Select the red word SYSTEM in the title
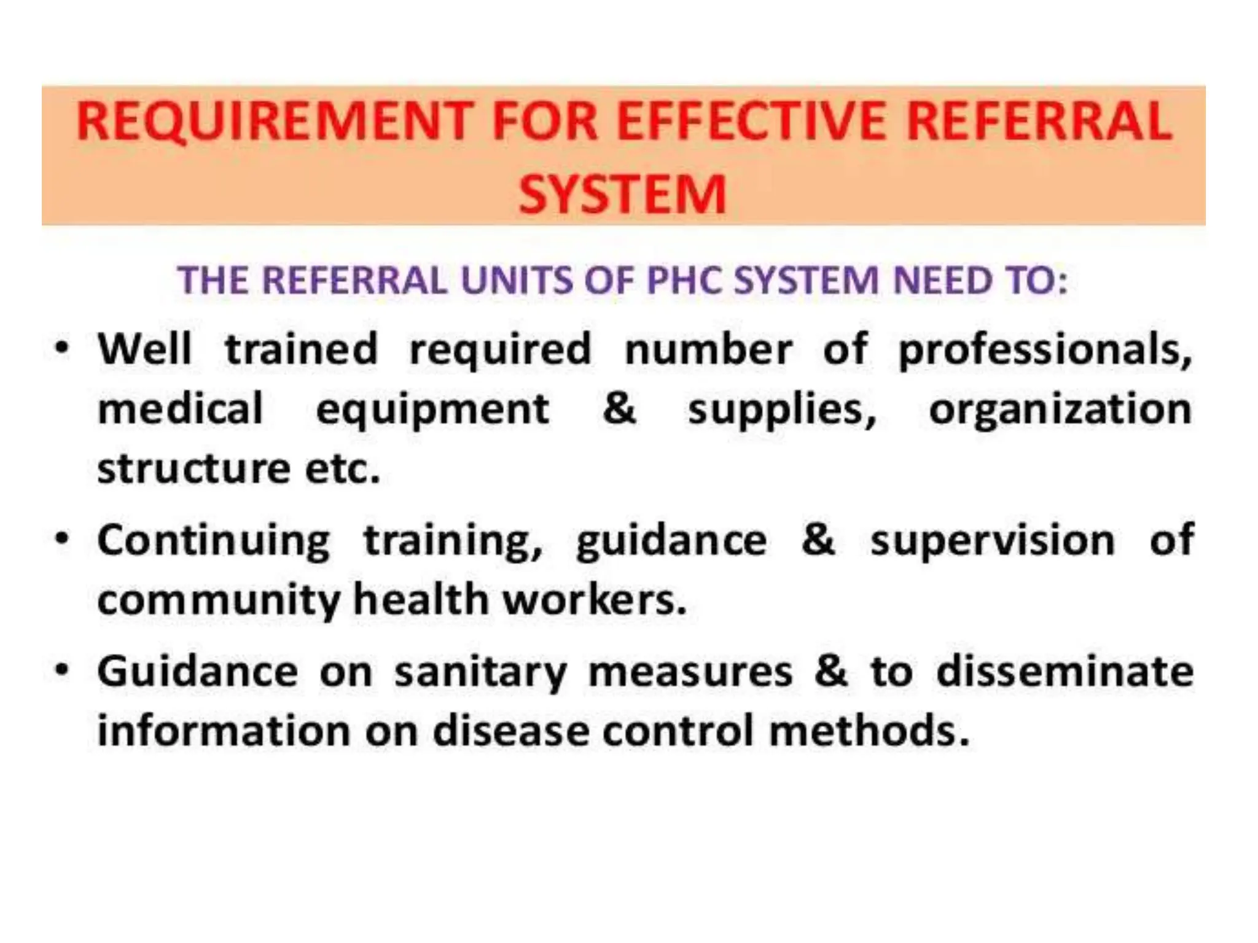point(623,195)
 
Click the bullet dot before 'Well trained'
point(61,348)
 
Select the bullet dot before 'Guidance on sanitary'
point(61,670)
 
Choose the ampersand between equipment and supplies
point(619,409)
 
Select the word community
point(219,601)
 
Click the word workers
point(594,600)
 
